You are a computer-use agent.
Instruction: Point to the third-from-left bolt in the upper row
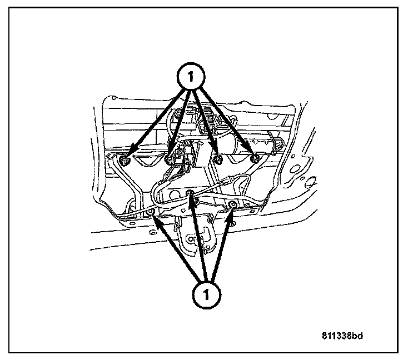coord(218,161)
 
